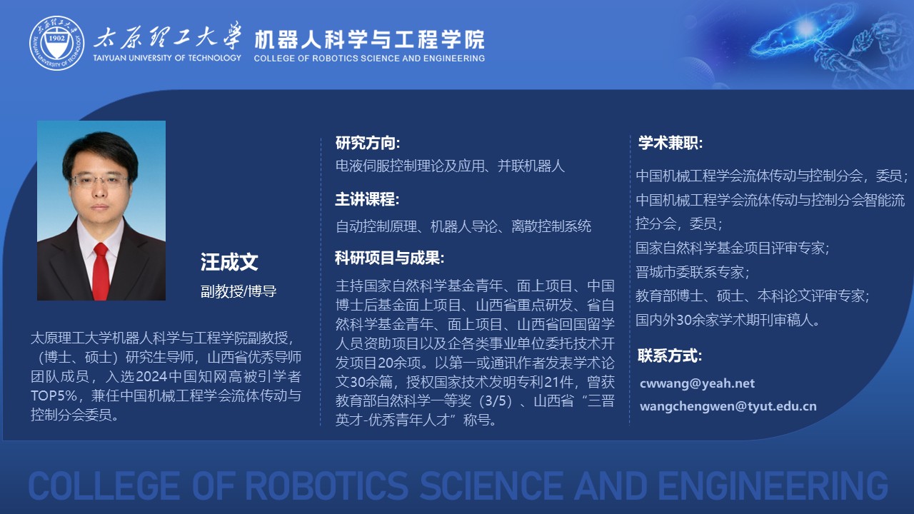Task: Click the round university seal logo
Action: tap(56, 44)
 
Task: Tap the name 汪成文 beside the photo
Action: tap(229, 262)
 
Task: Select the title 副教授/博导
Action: tap(238, 291)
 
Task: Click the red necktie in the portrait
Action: tap(101, 271)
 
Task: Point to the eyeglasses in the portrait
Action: tap(99, 180)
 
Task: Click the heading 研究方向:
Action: tap(368, 143)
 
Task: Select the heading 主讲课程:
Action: tap(367, 199)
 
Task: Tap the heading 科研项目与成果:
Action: tap(389, 258)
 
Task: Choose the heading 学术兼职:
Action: tap(671, 143)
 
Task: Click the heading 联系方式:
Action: tap(670, 356)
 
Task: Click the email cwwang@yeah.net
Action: tap(697, 383)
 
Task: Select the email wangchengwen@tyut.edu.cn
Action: tap(728, 406)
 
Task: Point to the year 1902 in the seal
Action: tap(56, 39)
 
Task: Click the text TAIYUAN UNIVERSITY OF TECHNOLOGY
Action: tap(167, 58)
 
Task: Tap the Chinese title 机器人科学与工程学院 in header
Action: tap(369, 39)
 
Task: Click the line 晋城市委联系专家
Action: tap(692, 272)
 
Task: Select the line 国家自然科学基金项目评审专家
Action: tap(732, 248)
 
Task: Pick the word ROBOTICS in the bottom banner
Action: tap(327, 485)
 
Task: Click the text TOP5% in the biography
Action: tap(54, 395)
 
